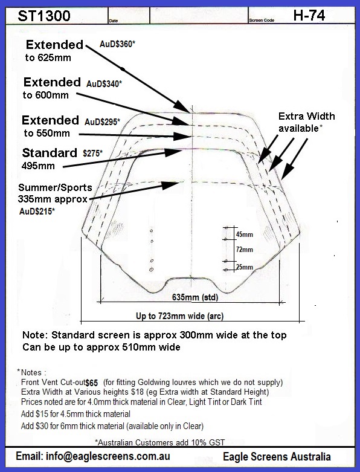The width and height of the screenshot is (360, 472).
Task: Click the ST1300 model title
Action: [x=44, y=16]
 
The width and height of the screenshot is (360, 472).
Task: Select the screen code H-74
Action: [x=309, y=15]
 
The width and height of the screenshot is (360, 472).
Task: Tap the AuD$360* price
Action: [x=117, y=44]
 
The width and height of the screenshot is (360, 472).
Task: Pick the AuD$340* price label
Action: [x=104, y=83]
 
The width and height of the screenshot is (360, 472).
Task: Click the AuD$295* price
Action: [x=102, y=121]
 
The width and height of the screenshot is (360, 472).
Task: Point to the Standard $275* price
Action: [x=92, y=154]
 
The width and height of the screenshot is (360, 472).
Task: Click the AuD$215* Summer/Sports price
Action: [x=37, y=212]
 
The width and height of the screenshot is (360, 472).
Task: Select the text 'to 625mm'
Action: [x=48, y=57]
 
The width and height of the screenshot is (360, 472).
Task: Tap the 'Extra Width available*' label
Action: [x=306, y=122]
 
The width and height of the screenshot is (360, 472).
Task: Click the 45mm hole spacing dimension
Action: [x=244, y=234]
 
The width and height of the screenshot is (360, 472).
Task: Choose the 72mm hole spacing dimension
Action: [x=244, y=250]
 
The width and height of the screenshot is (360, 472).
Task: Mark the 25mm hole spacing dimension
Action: [x=244, y=267]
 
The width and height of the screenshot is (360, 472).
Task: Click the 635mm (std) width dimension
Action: [x=195, y=297]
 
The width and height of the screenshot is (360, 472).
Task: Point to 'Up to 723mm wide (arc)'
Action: [x=179, y=316]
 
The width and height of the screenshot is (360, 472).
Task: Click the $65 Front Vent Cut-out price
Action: [x=91, y=383]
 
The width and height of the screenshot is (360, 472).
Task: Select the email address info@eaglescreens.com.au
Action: [x=93, y=456]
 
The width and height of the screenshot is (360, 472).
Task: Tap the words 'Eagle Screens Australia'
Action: [x=277, y=457]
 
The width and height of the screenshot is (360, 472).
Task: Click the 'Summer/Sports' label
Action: [x=55, y=187]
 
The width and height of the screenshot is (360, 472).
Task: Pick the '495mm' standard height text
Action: [x=38, y=166]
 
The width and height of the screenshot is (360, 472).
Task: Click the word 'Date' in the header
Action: [x=114, y=21]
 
